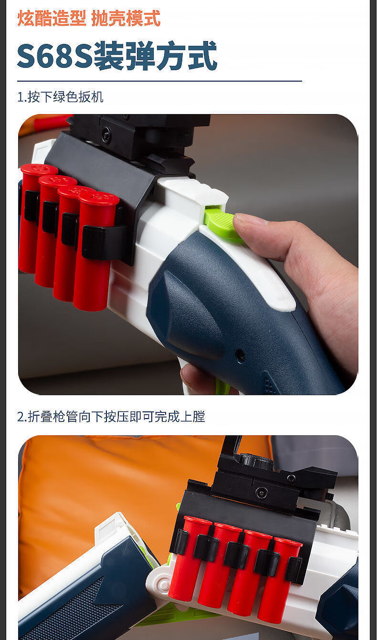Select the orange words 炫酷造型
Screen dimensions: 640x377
(52, 19)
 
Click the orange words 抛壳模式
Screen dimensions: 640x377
(126, 19)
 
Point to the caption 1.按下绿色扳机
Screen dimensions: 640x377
(60, 97)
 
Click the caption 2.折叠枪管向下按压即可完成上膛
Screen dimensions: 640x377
(111, 417)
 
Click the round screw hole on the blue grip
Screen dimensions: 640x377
(241, 356)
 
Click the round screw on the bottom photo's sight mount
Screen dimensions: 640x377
(261, 493)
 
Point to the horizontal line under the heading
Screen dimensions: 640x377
(159, 82)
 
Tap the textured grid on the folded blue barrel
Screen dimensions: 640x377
(72, 611)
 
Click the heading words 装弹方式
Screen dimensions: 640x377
(156, 56)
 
